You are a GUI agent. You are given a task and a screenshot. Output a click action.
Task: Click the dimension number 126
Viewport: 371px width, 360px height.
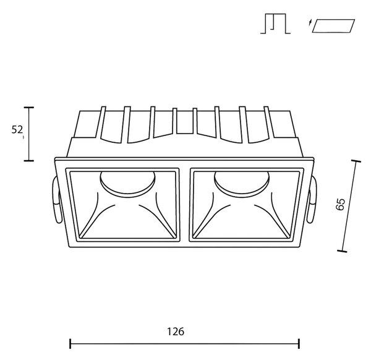point(176,332)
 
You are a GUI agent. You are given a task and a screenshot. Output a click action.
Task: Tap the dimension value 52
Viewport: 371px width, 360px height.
point(17,130)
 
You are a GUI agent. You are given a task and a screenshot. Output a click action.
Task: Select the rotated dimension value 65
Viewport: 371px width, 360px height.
point(341,204)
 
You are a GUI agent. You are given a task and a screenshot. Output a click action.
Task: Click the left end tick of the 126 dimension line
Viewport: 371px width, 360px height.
point(70,344)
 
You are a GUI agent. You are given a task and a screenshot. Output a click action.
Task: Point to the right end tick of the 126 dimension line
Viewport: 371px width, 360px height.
point(299,344)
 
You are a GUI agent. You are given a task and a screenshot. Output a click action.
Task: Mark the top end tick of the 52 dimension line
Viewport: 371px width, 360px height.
point(29,108)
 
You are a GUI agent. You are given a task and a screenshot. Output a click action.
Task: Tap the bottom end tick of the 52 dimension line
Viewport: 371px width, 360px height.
point(29,161)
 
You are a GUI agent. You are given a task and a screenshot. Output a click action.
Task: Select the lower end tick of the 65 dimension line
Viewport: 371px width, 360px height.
point(342,251)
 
